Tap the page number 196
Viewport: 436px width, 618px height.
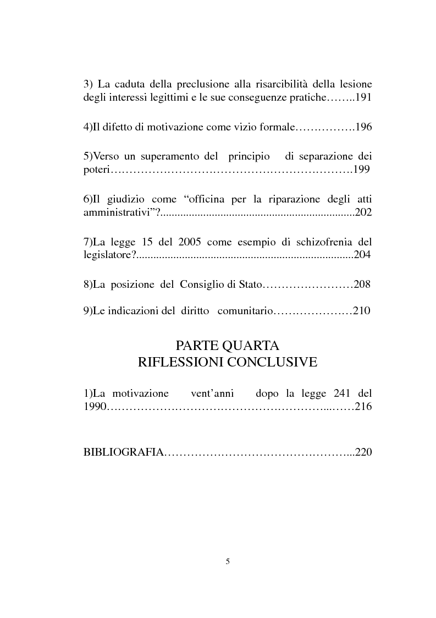tap(363, 127)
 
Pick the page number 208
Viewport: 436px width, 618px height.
tap(362, 285)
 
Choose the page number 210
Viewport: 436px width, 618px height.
tap(361, 311)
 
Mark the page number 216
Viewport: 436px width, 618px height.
tap(363, 407)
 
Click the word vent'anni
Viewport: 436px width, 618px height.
tap(212, 393)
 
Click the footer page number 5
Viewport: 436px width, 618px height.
tap(228, 561)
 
